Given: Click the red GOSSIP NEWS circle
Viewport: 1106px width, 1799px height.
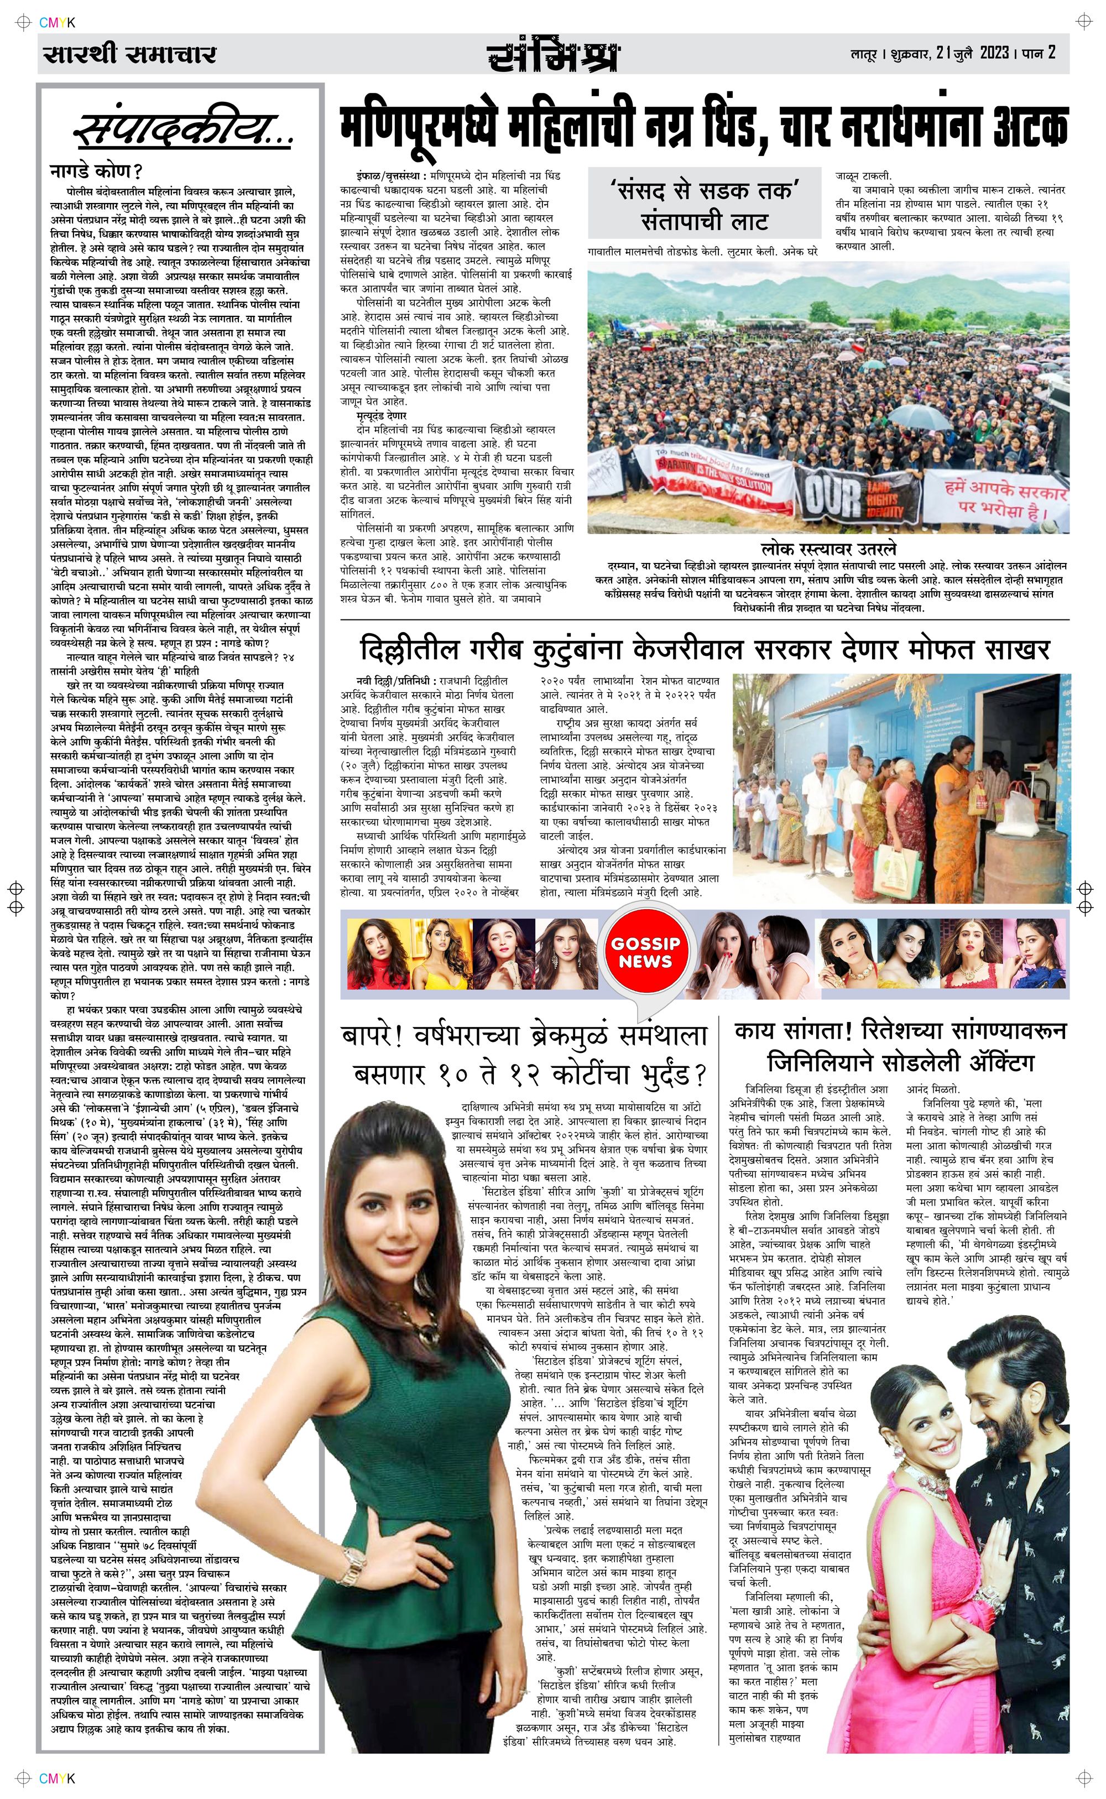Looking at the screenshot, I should coord(645,952).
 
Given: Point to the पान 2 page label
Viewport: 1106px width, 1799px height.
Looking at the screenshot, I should coord(1039,54).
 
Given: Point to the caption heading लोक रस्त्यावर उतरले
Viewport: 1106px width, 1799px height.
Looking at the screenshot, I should coord(828,549).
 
